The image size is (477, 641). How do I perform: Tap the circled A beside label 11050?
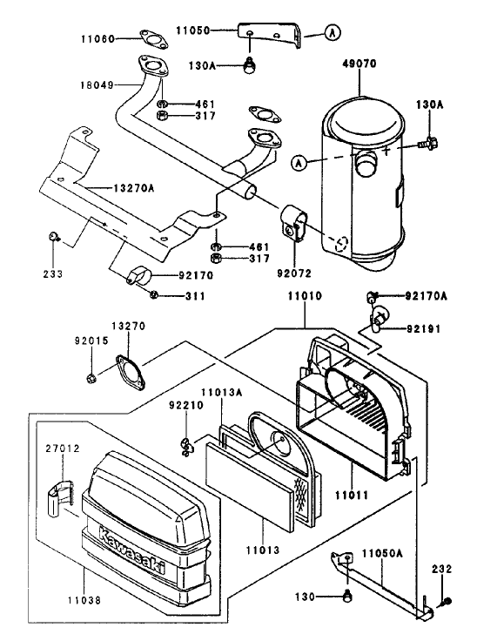333,33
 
